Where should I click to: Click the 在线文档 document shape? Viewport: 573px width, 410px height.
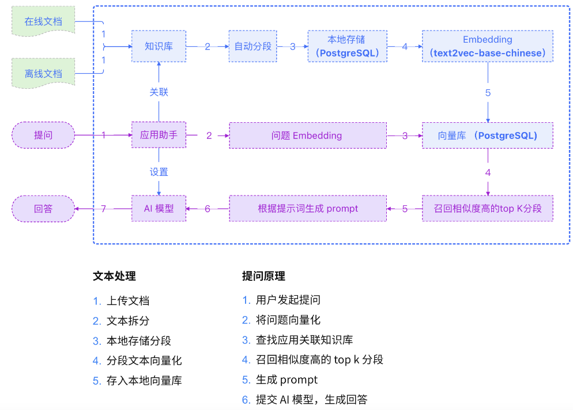[x=43, y=21]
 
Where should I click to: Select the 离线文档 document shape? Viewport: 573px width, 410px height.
[x=43, y=73]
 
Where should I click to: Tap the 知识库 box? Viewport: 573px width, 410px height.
[x=159, y=46]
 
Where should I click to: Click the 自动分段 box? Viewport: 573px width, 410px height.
[x=252, y=46]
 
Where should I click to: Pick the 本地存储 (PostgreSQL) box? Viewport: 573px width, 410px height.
[x=346, y=46]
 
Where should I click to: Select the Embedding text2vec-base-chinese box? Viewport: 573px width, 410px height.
[x=487, y=46]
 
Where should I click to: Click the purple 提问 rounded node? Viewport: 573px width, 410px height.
[x=43, y=136]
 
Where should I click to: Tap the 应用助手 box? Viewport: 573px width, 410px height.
[x=159, y=136]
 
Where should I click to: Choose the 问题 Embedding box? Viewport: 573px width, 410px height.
[x=307, y=136]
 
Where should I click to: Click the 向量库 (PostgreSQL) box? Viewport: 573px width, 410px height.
[x=487, y=136]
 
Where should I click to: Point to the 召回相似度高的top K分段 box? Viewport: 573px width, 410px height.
[x=487, y=208]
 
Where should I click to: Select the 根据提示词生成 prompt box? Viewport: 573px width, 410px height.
[x=307, y=208]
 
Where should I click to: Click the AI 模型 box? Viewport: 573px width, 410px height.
[x=159, y=208]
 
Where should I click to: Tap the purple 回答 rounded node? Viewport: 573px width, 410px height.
[x=43, y=208]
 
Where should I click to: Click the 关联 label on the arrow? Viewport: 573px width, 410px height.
[x=159, y=92]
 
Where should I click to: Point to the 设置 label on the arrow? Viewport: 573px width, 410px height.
[x=159, y=172]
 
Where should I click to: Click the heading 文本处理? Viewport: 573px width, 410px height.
[x=114, y=276]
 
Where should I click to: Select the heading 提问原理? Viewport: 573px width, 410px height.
[x=263, y=276]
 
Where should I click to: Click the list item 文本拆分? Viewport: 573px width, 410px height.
[x=128, y=321]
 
